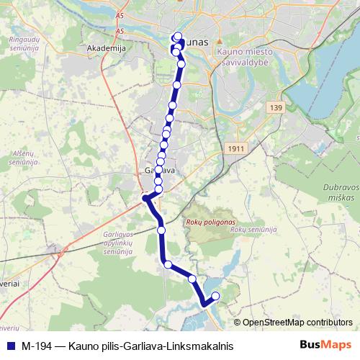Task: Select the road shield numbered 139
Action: click(276, 107)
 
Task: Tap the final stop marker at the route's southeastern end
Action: click(215, 294)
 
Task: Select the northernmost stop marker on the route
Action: click(178, 37)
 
